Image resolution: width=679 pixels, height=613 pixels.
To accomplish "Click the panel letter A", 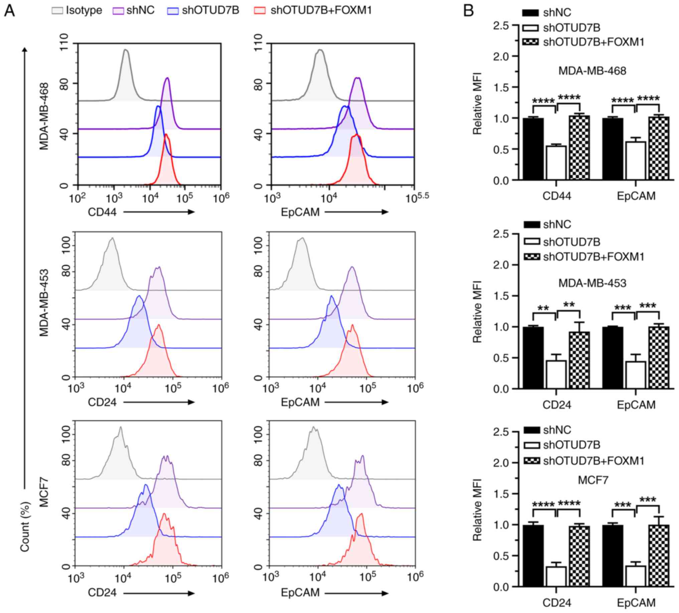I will pos(9,11).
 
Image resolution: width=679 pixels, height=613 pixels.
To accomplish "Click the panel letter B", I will pos(468,11).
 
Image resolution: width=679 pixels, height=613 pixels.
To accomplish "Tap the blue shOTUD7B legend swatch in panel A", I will pos(173,11).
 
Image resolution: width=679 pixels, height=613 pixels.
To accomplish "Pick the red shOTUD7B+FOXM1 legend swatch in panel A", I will pos(260,11).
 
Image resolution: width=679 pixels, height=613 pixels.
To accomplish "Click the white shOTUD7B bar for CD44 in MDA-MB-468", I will pos(556,163).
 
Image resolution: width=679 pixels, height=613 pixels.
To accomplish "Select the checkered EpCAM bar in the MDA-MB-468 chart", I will pos(659,148).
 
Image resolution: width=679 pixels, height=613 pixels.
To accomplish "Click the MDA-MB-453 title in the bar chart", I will pos(592,283).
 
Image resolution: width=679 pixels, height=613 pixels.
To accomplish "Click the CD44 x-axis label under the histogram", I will pos(102,212).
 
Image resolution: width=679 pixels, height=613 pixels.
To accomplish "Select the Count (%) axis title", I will pos(25,527).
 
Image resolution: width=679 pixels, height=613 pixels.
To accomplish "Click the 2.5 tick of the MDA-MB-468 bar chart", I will pos(501,26).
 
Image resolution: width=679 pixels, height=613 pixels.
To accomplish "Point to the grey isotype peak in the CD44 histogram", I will pos(126,50).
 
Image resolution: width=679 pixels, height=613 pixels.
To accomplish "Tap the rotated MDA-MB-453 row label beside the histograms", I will pos(44,303).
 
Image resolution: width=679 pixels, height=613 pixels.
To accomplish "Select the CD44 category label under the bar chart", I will pos(556,196).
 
